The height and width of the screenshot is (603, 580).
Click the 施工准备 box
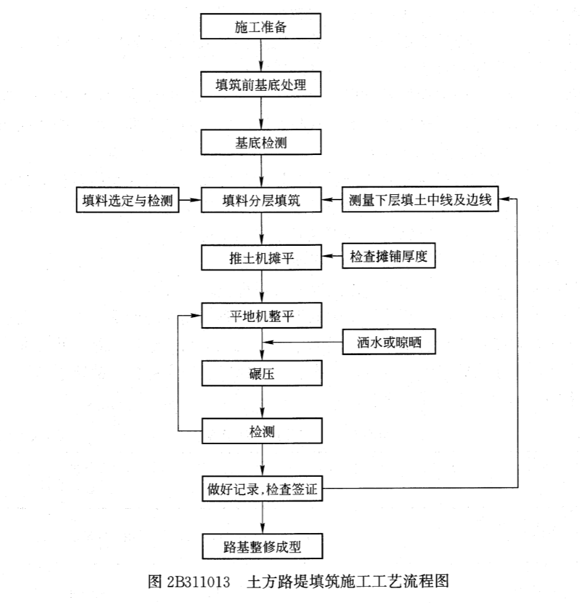click(260, 26)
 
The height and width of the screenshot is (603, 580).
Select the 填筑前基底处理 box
click(261, 84)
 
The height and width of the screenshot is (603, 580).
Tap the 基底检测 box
click(261, 143)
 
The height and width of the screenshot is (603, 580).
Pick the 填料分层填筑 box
click(261, 199)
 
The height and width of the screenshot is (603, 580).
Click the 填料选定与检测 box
click(128, 199)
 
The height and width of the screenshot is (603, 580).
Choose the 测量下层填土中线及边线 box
click(420, 199)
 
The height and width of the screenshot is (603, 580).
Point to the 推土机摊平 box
click(262, 257)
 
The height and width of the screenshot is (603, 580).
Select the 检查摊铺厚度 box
click(388, 256)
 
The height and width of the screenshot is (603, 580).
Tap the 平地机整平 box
click(262, 315)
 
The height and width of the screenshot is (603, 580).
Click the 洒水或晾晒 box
click(389, 341)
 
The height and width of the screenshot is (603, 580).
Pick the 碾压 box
click(262, 373)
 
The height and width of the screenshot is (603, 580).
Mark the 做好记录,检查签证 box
click(262, 489)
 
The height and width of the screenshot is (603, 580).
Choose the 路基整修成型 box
click(262, 546)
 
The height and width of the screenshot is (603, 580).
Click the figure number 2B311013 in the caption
click(199, 581)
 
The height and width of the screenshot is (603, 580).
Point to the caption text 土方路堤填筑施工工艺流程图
click(348, 581)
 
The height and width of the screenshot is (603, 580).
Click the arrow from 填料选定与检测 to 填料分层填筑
click(190, 200)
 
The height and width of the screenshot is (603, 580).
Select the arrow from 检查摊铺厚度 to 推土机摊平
click(332, 256)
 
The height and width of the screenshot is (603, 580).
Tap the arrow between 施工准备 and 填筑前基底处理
click(261, 55)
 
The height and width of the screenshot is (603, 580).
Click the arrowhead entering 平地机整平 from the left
click(196, 316)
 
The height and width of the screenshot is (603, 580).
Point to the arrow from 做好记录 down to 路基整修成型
click(263, 517)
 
